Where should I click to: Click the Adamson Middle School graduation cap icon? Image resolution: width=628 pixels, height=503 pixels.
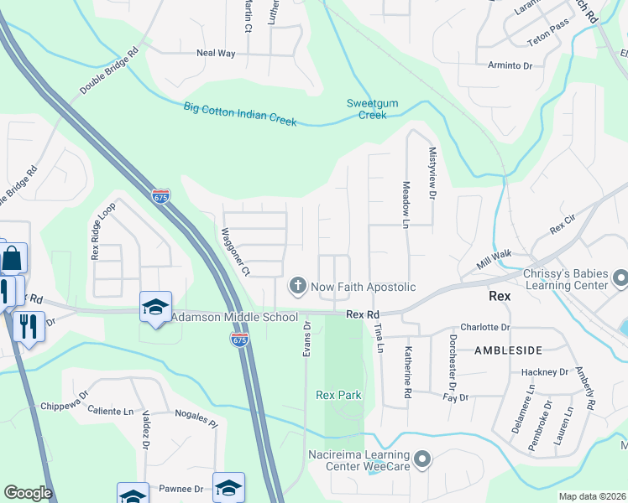(156, 308)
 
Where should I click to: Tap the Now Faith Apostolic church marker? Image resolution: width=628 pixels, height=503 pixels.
(296, 287)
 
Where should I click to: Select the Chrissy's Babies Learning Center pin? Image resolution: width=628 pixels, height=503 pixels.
(620, 277)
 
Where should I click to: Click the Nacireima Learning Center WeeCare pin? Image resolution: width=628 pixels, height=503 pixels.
(422, 459)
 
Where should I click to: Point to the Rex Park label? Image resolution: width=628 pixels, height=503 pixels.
(338, 395)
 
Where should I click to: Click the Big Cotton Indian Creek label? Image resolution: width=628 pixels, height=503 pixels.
(241, 113)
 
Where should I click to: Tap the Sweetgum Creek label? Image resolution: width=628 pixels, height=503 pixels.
(367, 109)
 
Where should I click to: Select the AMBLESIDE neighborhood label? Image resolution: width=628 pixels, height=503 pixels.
(509, 350)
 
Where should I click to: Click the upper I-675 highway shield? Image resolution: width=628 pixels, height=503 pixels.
(160, 196)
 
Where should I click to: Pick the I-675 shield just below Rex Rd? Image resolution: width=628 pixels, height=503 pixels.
(239, 338)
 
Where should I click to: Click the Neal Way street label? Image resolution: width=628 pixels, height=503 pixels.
(216, 53)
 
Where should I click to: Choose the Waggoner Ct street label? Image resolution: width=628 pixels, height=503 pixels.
(236, 251)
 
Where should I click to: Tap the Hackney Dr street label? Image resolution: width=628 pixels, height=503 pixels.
(545, 372)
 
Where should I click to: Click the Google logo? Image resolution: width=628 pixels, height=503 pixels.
(29, 493)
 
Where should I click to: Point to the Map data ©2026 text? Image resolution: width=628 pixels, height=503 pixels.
(591, 496)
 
